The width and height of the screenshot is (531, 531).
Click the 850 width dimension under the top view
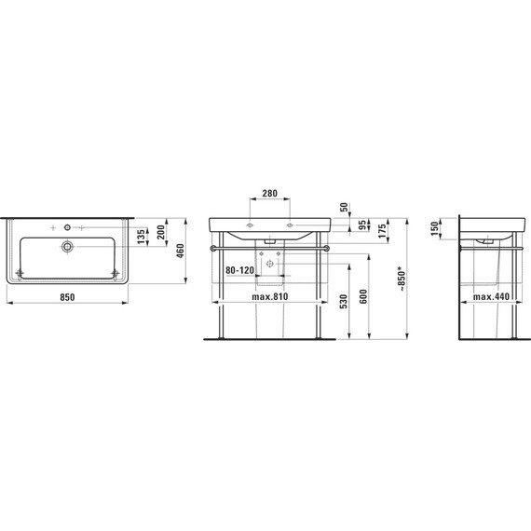pyautogui.click(x=67, y=297)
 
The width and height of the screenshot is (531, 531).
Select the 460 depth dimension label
pyautogui.click(x=181, y=251)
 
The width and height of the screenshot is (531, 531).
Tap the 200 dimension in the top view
pyautogui.click(x=161, y=232)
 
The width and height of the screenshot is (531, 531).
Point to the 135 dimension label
pyautogui.click(x=142, y=236)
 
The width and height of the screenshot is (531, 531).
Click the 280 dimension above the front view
pyautogui.click(x=270, y=194)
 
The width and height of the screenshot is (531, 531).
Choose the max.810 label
pyautogui.click(x=270, y=296)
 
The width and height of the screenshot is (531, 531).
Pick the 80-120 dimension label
pyautogui.click(x=239, y=270)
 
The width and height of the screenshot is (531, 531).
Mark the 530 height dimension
pyautogui.click(x=343, y=303)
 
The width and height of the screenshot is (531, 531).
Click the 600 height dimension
pyautogui.click(x=363, y=296)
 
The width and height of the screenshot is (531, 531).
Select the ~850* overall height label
pyautogui.click(x=402, y=279)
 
